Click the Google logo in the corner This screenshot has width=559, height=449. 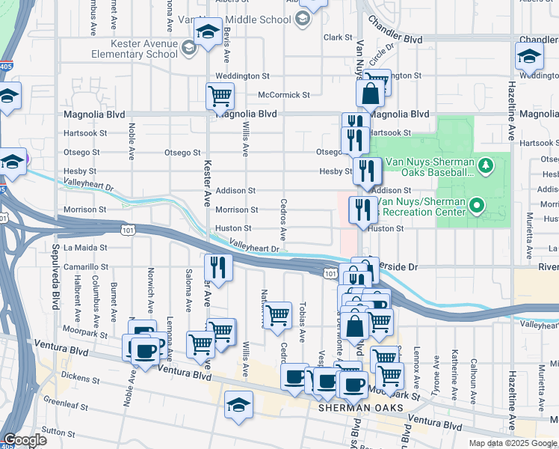pos(25,440)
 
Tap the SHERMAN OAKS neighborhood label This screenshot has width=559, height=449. pos(361,408)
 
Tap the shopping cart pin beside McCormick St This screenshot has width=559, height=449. pos(220,95)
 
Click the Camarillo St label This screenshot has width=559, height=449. pos(86,266)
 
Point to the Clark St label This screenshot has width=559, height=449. pos(338,37)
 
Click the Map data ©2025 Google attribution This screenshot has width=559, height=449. pos(513,443)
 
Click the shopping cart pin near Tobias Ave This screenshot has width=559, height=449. pos(278,314)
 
